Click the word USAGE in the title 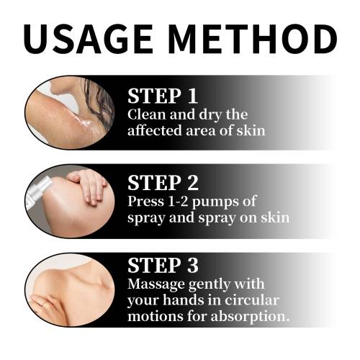[89, 39]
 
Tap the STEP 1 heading [163, 96]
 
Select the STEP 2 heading [163, 183]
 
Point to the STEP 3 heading [163, 266]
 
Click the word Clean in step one [147, 114]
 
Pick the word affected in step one [155, 130]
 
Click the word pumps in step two [215, 202]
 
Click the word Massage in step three [156, 285]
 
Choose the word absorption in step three [250, 317]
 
